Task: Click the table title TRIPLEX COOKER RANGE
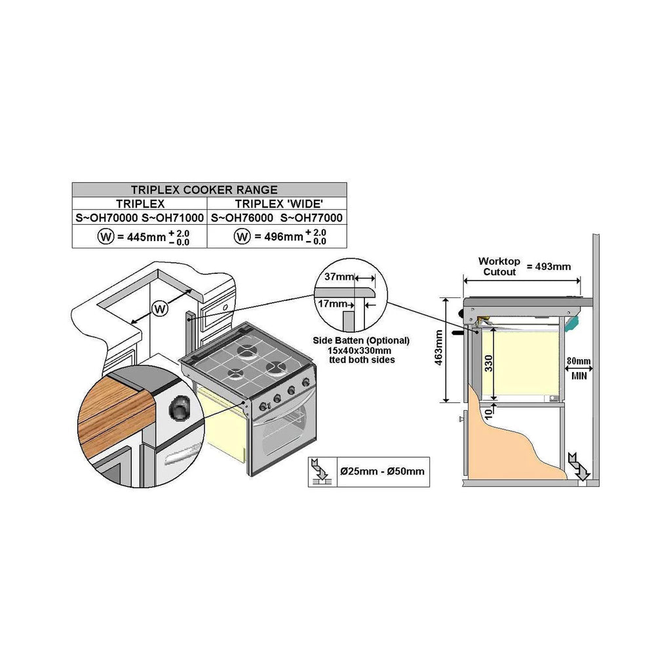coord(209,190)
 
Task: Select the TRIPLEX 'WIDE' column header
coord(277,204)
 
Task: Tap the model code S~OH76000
coord(242,218)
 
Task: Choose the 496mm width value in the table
coord(283,237)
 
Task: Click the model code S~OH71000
coord(173,218)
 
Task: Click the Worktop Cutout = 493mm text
coord(524,266)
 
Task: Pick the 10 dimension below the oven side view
coord(488,412)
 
